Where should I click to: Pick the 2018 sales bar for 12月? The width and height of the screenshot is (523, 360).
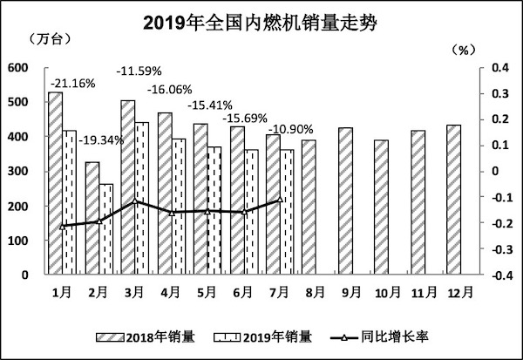coord(453,200)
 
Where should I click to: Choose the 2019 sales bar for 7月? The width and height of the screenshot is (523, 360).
coord(287,212)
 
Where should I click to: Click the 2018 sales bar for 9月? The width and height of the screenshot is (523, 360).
coord(345,201)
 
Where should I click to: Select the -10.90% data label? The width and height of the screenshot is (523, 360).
coord(290,130)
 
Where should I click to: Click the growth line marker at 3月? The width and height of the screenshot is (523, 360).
coord(135,201)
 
